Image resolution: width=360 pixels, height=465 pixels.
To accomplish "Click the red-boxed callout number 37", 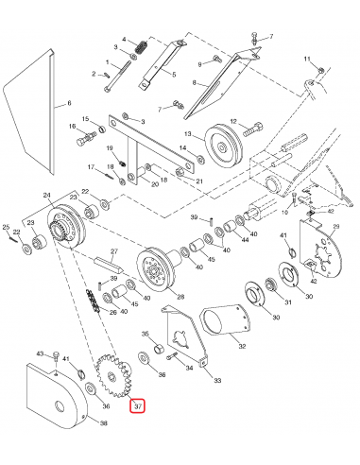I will (138, 406).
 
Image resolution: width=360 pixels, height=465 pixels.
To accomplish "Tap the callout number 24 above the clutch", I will (45, 196).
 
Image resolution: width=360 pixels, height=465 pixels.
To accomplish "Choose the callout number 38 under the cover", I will (104, 424).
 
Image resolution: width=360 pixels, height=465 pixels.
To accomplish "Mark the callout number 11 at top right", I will (306, 60).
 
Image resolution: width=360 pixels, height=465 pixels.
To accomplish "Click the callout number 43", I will (41, 353).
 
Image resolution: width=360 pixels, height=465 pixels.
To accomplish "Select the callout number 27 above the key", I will (113, 251).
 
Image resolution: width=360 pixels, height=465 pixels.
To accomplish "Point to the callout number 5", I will (173, 72).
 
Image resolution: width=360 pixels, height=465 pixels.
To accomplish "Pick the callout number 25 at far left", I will (7, 228).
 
